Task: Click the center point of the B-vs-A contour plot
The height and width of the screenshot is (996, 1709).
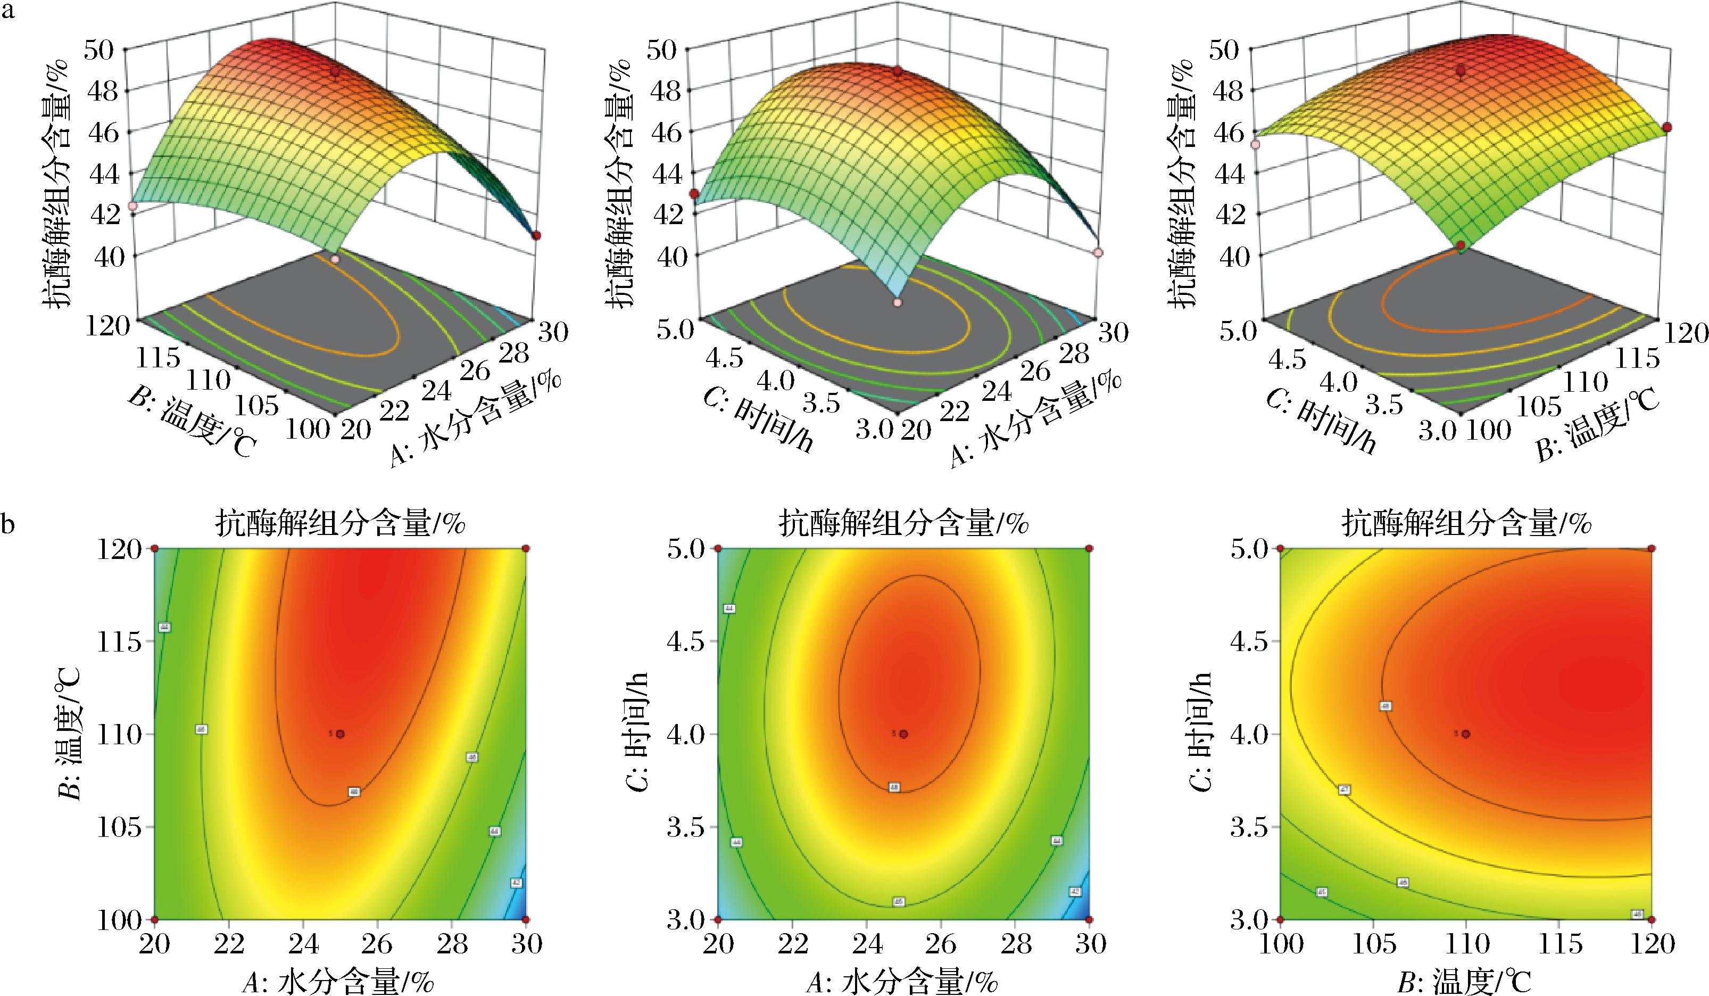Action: point(341,734)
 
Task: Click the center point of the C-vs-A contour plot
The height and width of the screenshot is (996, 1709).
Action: point(903,734)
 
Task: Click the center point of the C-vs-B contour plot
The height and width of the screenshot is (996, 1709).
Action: point(1466,734)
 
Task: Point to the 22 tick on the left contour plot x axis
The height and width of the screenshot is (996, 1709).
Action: point(229,944)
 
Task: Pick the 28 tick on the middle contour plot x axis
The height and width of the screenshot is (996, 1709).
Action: point(1015,944)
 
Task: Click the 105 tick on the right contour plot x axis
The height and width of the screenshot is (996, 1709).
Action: point(1373,944)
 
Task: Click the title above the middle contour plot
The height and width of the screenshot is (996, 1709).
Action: point(903,524)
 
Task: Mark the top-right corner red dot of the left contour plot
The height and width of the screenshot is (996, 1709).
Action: point(526,548)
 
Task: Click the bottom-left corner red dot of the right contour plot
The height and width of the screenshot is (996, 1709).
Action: point(1280,919)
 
